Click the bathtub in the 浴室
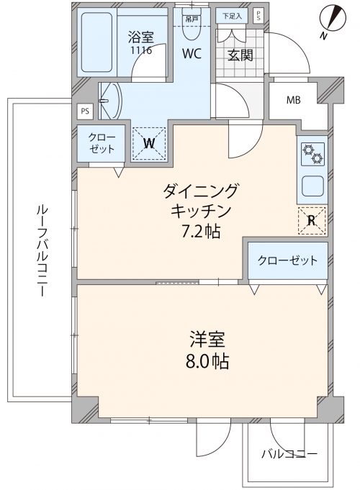pyautogui.click(x=96, y=42)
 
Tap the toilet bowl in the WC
pyautogui.click(x=192, y=32)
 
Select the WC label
pyautogui.click(x=192, y=54)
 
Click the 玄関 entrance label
pyautogui.click(x=240, y=55)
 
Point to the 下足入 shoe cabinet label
pyautogui.click(x=232, y=17)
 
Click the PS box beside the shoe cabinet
pyautogui.click(x=258, y=15)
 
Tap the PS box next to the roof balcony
pyautogui.click(x=85, y=112)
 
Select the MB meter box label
pyautogui.click(x=293, y=100)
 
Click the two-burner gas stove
pyautogui.click(x=312, y=154)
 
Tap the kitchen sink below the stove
pyautogui.click(x=312, y=185)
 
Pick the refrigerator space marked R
pyautogui.click(x=312, y=221)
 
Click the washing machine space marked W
pyautogui.click(x=149, y=143)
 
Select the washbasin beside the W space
pyautogui.click(x=110, y=101)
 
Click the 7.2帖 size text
pyautogui.click(x=202, y=232)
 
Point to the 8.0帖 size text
pyautogui.click(x=207, y=361)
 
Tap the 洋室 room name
pyautogui.click(x=207, y=340)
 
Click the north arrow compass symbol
pyautogui.click(x=333, y=19)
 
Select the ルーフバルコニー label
pyautogui.click(x=41, y=250)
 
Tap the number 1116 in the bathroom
pyautogui.click(x=141, y=50)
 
